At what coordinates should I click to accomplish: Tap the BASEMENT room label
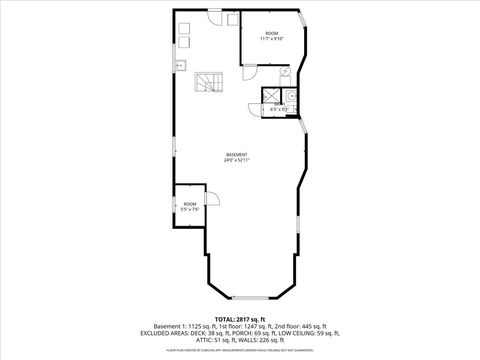[x=237, y=153]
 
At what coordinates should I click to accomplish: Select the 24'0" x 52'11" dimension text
[x=237, y=159]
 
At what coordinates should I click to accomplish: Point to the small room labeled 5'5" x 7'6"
[x=190, y=207]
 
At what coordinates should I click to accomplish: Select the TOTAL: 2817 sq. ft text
[x=240, y=318]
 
